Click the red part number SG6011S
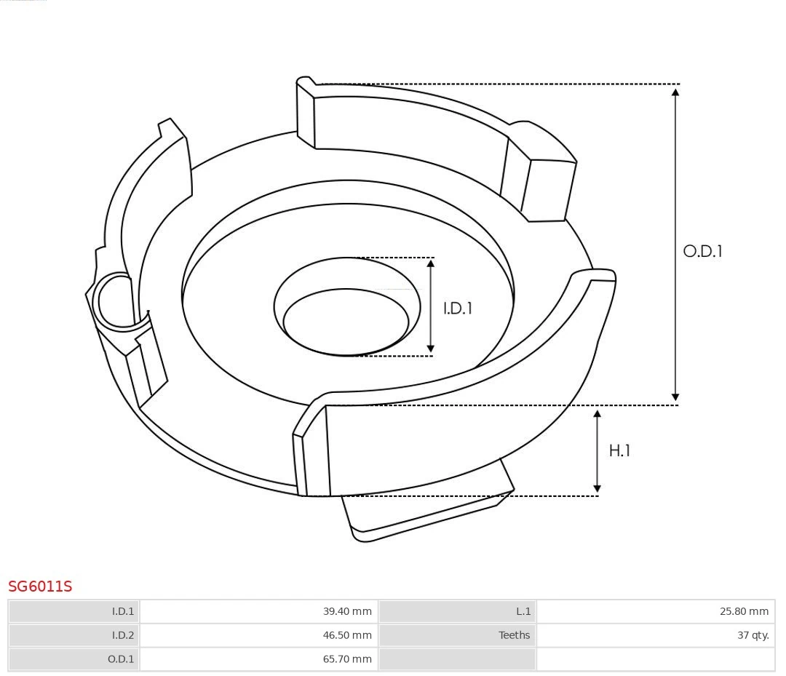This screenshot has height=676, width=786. pyautogui.click(x=40, y=586)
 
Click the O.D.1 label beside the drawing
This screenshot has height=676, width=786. pyautogui.click(x=702, y=251)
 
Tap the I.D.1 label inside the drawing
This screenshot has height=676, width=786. pyautogui.click(x=458, y=309)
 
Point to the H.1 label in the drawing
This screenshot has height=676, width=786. pyautogui.click(x=619, y=451)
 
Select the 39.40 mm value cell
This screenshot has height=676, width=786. pyautogui.click(x=347, y=611)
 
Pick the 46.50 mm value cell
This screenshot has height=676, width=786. pyautogui.click(x=347, y=635)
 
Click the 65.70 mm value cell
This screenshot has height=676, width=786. pyautogui.click(x=347, y=659)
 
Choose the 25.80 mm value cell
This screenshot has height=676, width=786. pyautogui.click(x=744, y=611)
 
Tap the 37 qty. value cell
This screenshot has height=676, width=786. pyautogui.click(x=753, y=635)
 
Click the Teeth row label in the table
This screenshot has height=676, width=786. pyautogui.click(x=514, y=635)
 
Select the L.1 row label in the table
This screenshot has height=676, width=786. pyautogui.click(x=523, y=611)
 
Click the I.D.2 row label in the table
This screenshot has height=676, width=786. pyautogui.click(x=123, y=635)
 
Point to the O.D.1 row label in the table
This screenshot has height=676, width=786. pyautogui.click(x=121, y=659)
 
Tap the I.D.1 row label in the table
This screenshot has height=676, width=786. pyautogui.click(x=123, y=611)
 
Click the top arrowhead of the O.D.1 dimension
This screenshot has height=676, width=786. pyautogui.click(x=675, y=92)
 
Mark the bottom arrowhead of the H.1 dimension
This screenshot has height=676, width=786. pyautogui.click(x=598, y=488)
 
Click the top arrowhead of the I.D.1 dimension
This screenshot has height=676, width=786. pyautogui.click(x=431, y=264)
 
